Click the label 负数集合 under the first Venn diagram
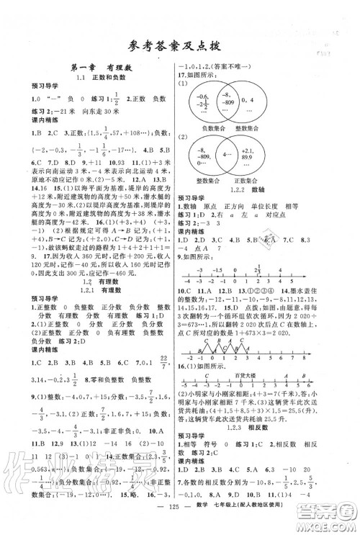tap(216, 123)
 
